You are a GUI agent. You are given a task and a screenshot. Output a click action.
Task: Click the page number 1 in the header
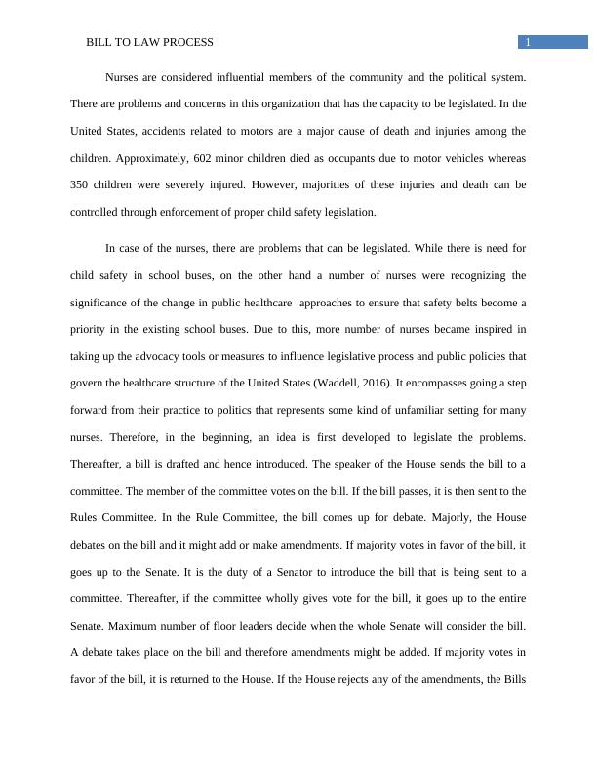527,42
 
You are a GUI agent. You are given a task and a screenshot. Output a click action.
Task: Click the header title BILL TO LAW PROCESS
149,43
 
